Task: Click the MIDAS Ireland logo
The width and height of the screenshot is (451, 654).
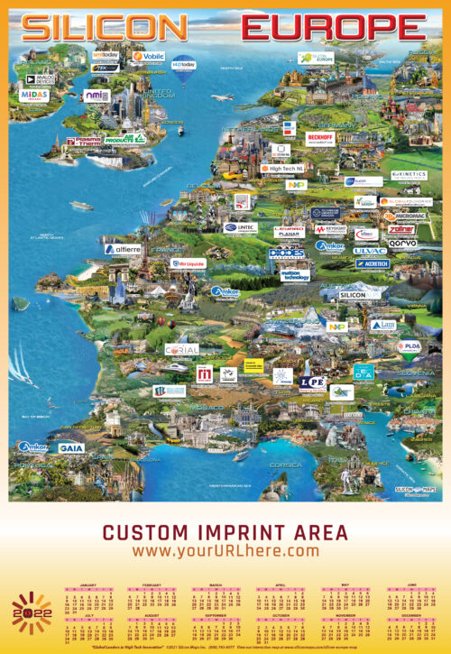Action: [34, 95]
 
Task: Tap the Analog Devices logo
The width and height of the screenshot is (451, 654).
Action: [45, 78]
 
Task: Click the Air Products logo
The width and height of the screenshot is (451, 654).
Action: [124, 139]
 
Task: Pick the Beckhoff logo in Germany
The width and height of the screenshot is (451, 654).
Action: [319, 137]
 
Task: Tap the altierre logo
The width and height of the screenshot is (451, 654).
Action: [122, 248]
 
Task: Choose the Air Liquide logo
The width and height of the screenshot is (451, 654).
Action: [188, 263]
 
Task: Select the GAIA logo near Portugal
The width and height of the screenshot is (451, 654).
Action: [71, 447]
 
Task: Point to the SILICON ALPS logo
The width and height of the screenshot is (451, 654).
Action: [358, 294]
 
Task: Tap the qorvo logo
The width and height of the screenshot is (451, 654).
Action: [402, 242]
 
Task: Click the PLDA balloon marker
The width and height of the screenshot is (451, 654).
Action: [409, 346]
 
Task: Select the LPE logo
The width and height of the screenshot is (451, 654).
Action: [312, 382]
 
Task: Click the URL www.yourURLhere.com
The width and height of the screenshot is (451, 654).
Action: [225, 550]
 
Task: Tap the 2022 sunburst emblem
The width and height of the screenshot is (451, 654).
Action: [32, 614]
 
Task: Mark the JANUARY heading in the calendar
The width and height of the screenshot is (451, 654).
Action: [87, 585]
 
